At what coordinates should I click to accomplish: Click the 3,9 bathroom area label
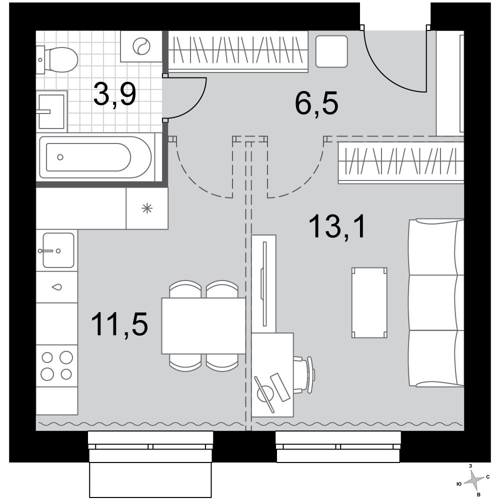(x=115, y=94)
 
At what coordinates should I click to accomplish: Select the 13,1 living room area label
(x=337, y=226)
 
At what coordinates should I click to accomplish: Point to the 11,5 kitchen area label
(x=119, y=324)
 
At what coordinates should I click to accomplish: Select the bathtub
(x=95, y=157)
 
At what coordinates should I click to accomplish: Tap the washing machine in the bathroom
(x=141, y=46)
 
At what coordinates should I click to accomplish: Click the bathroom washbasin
(x=51, y=111)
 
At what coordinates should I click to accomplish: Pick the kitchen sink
(x=57, y=250)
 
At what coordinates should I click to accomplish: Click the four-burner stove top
(x=57, y=365)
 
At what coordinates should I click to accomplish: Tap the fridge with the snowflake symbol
(x=147, y=208)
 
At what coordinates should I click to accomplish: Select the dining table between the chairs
(x=203, y=326)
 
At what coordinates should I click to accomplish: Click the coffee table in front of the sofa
(x=369, y=302)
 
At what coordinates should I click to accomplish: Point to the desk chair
(x=305, y=375)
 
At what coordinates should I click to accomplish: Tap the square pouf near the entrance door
(x=331, y=51)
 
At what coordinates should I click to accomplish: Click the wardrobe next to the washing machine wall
(x=238, y=51)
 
